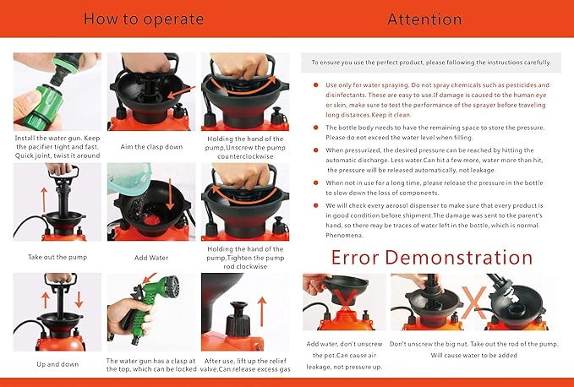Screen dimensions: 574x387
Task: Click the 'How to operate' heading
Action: tap(144, 19)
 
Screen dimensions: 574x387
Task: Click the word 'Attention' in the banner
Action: tap(424, 19)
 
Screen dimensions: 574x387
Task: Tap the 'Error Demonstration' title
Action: tap(432, 257)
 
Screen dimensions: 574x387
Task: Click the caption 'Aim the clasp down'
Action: tap(151, 147)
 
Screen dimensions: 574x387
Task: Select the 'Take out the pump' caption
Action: tap(57, 257)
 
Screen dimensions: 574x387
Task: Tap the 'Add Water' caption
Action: tap(151, 258)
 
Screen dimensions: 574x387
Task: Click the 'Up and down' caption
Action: tap(57, 364)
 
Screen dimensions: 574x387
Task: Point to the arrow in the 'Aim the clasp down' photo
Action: tap(181, 92)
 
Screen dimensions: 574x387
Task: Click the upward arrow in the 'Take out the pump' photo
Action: tap(44, 199)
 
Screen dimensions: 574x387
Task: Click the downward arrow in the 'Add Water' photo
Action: tap(170, 194)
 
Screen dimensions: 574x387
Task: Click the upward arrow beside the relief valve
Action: tap(262, 311)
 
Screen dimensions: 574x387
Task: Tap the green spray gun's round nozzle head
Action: tap(172, 286)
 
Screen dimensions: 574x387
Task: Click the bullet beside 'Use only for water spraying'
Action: tap(315, 85)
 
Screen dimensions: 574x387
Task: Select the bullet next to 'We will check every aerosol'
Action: tap(315, 205)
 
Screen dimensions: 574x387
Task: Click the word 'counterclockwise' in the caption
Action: tap(245, 156)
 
